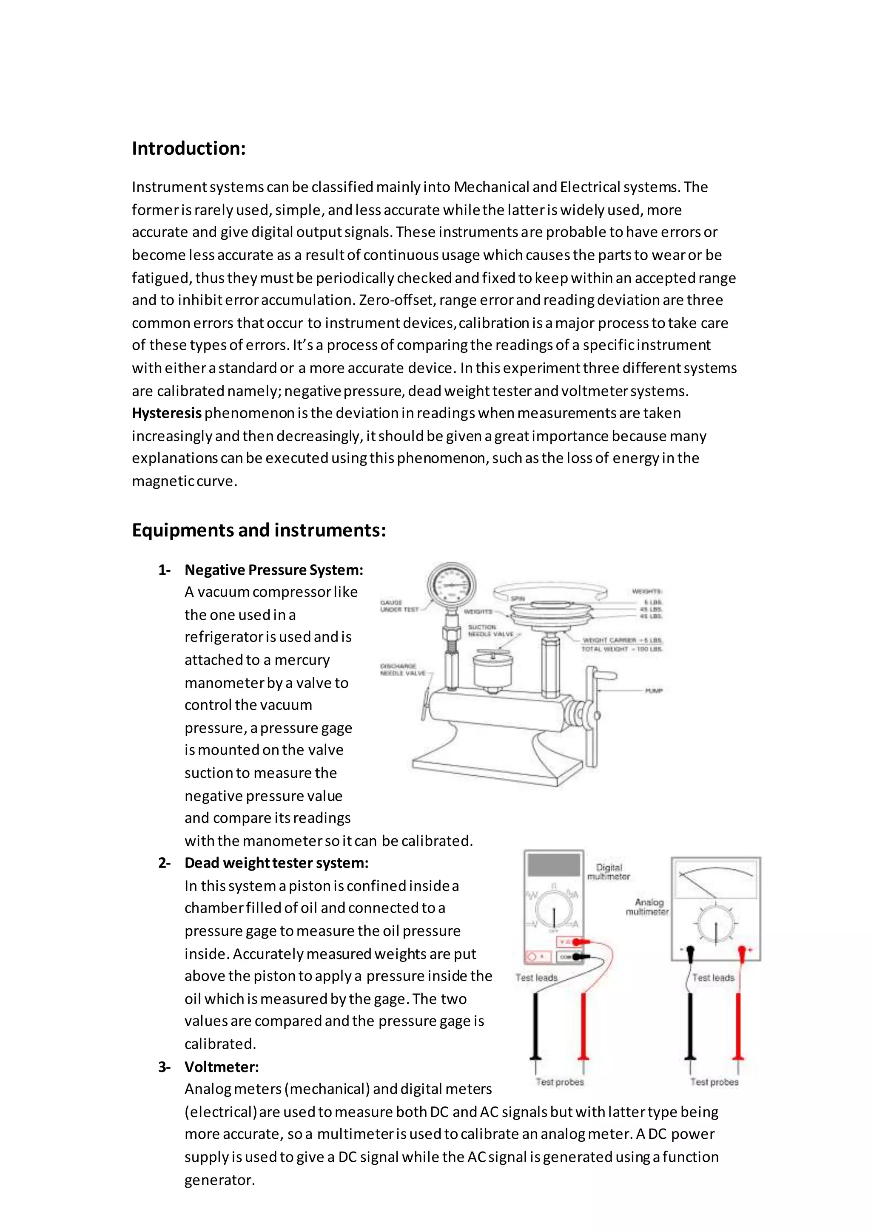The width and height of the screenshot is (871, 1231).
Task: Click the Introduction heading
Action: point(189,148)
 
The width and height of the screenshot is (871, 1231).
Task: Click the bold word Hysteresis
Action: point(166,413)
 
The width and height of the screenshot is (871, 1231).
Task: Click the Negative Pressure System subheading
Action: point(273,570)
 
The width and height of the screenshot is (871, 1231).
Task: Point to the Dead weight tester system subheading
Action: point(276,863)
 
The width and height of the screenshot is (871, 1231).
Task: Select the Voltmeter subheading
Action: point(222,1067)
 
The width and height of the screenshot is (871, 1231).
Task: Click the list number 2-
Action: point(164,863)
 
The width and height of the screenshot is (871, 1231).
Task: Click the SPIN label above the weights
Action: point(518,598)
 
